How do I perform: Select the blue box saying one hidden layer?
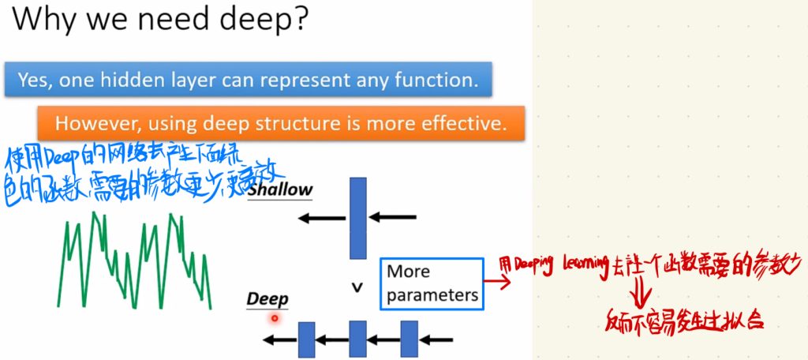click(x=249, y=80)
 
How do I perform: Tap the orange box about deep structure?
click(x=280, y=124)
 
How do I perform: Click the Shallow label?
click(x=281, y=190)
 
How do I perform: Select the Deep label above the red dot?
click(x=267, y=299)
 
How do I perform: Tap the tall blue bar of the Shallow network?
click(x=358, y=218)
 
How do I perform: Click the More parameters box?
click(x=431, y=283)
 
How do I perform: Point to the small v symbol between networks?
click(x=357, y=288)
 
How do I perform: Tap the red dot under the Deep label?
click(x=275, y=318)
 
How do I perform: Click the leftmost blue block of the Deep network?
click(x=307, y=340)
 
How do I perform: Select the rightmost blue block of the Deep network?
click(x=409, y=339)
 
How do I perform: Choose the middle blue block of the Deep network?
click(x=358, y=339)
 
